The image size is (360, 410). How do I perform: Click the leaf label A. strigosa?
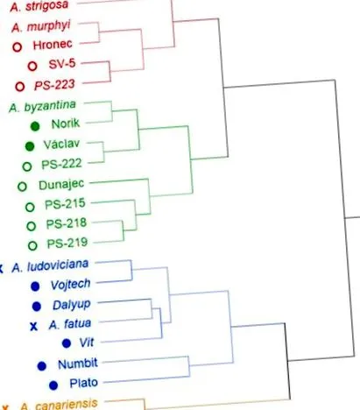pos(39,6)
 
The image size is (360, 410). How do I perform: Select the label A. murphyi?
pos(41,26)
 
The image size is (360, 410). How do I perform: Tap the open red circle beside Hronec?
pos(18,46)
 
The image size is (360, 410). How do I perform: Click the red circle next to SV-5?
pos(32,66)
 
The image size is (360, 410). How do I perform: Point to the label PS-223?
pos(54,85)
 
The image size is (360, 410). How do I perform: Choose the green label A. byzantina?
pos(43,106)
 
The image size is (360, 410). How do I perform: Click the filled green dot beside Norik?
pos(35,126)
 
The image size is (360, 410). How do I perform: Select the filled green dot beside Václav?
pos(30,146)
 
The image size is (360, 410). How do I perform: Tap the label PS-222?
pos(61,164)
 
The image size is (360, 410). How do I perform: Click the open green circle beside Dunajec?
pos(22,187)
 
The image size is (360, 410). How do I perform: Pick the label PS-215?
pos(65,204)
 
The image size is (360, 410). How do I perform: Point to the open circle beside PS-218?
pos(32,226)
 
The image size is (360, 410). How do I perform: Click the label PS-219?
pos(67,243)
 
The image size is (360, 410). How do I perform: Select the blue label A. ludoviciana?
pos(50,265)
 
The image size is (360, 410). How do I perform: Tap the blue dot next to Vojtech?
pos(35,286)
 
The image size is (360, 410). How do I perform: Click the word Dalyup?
pos(72,305)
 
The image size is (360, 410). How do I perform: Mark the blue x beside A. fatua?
pos(34,326)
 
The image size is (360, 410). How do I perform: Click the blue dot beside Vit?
pos(67,343)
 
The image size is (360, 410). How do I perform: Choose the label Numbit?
pos(78,364)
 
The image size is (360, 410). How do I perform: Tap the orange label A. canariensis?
pos(59,405)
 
